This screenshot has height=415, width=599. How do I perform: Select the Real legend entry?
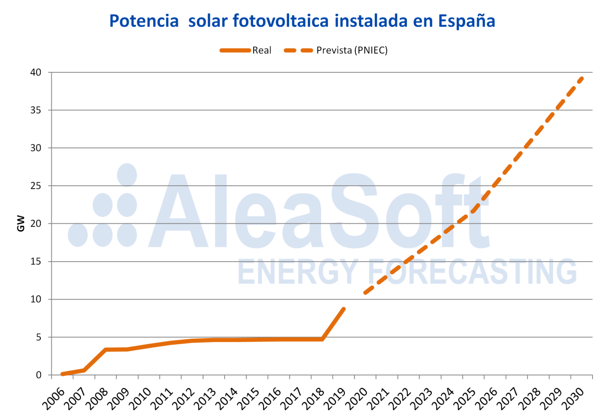[x=262, y=50]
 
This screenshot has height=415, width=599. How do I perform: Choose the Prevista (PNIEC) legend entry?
[x=352, y=50]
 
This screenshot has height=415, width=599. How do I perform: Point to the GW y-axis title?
[x=21, y=224]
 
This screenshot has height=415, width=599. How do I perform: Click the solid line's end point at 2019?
[x=343, y=309]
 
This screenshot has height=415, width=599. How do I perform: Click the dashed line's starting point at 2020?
[x=365, y=293]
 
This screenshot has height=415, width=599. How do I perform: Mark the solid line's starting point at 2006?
[x=62, y=374]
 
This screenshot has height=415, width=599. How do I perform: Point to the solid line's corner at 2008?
[x=105, y=350]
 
